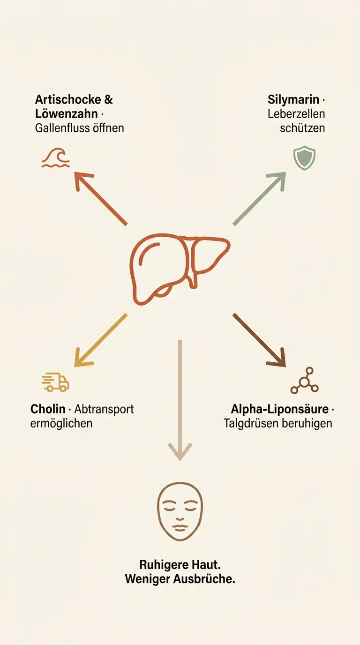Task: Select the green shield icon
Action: [x=304, y=157]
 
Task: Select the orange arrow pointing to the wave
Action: [x=100, y=199]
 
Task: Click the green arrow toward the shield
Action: [x=259, y=199]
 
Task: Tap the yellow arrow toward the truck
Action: [x=100, y=340]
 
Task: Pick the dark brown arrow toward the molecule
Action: [x=259, y=340]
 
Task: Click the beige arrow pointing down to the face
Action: [x=180, y=400]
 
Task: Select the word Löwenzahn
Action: [x=67, y=114]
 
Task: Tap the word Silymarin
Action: [x=293, y=100]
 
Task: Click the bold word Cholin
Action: [x=48, y=409]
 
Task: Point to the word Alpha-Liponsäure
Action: [x=280, y=409]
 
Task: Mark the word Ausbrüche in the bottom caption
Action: [x=204, y=579]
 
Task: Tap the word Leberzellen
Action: [x=296, y=114]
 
